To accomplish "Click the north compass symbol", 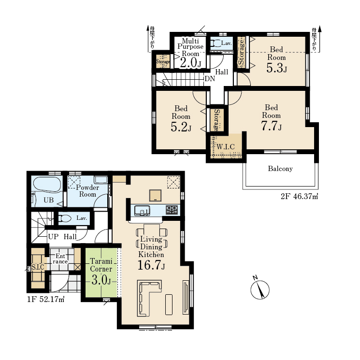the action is (x=260, y=289).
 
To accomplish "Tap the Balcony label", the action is (x=280, y=169).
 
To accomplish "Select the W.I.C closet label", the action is (x=226, y=147).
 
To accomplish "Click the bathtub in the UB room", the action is (x=47, y=184).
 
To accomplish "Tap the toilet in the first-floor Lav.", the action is (x=65, y=218).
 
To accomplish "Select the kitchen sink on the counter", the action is (x=142, y=211).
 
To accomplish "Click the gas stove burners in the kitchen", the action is (x=172, y=210).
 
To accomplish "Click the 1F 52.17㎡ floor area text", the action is (x=46, y=300).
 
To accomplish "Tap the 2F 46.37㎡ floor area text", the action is (x=300, y=197).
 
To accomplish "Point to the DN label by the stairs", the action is (x=210, y=79).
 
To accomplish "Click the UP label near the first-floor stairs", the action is (x=53, y=237).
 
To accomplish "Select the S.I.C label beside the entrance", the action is (x=38, y=267).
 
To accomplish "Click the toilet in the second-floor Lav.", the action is (x=215, y=43).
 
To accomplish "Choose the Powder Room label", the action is (x=87, y=191).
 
